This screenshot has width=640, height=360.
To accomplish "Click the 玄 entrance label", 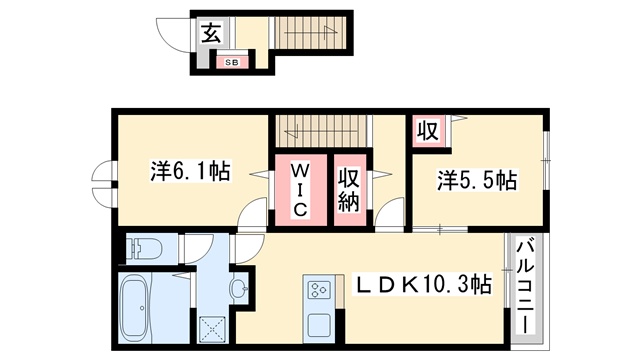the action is point(212,33).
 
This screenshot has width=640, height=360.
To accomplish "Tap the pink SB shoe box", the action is point(232,62).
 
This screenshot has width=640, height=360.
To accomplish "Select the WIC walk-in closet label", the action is point(300,189).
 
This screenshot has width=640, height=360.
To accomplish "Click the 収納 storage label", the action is point(349,190).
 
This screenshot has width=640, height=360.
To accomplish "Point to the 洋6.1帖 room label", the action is point(190,171).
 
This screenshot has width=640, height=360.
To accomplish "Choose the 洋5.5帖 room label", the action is point(477,180).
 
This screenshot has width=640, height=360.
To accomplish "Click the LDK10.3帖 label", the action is point(423,284).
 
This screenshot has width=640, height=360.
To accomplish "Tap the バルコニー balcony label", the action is point(527,287).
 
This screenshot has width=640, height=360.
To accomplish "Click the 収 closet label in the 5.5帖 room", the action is point(428,131).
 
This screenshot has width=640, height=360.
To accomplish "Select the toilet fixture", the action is point(144,248).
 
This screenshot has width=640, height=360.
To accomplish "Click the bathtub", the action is point(135,308).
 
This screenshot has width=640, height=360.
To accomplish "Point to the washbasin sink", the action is point(238,288).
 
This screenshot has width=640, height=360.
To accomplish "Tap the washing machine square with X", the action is point(212,329).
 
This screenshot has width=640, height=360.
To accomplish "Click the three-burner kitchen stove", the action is point(319,289).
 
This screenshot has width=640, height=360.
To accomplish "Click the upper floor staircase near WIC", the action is point(322,131).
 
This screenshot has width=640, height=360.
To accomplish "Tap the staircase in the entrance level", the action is point(311,32).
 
